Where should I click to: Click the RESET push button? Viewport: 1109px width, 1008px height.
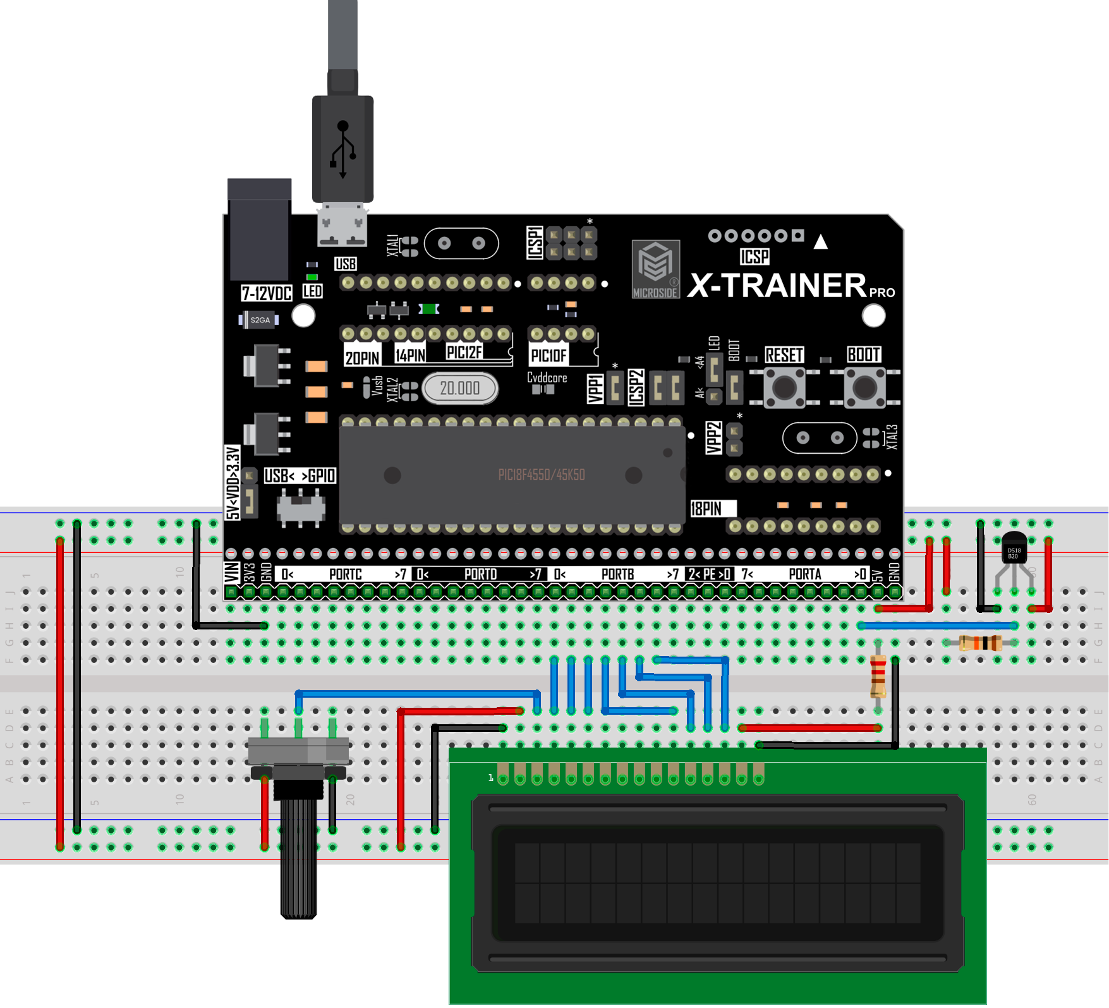[784, 387]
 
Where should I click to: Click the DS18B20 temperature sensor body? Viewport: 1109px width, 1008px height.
[1014, 549]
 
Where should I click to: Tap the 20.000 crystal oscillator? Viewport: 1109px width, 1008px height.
[459, 388]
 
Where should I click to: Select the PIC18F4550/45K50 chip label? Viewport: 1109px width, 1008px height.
[541, 475]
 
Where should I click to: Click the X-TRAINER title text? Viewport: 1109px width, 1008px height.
[777, 286]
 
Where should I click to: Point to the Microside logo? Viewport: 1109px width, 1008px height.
[655, 269]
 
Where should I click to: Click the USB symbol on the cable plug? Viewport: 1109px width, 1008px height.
[342, 149]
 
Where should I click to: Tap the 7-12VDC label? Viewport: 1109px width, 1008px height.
[266, 293]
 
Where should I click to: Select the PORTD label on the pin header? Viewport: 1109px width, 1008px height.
[480, 574]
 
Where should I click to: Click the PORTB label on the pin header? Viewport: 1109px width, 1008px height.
[617, 574]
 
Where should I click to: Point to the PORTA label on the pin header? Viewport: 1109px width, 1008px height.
[804, 574]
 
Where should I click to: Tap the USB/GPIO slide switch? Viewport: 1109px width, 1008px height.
[301, 508]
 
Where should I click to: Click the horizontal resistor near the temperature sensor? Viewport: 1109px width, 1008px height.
[979, 643]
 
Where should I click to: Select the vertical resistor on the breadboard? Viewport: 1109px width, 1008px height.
[878, 677]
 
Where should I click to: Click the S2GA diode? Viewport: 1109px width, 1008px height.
[259, 320]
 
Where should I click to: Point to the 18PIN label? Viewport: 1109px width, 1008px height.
[706, 509]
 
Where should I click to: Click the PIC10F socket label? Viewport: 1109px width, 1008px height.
[548, 356]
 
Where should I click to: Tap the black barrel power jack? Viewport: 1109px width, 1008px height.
[259, 231]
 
